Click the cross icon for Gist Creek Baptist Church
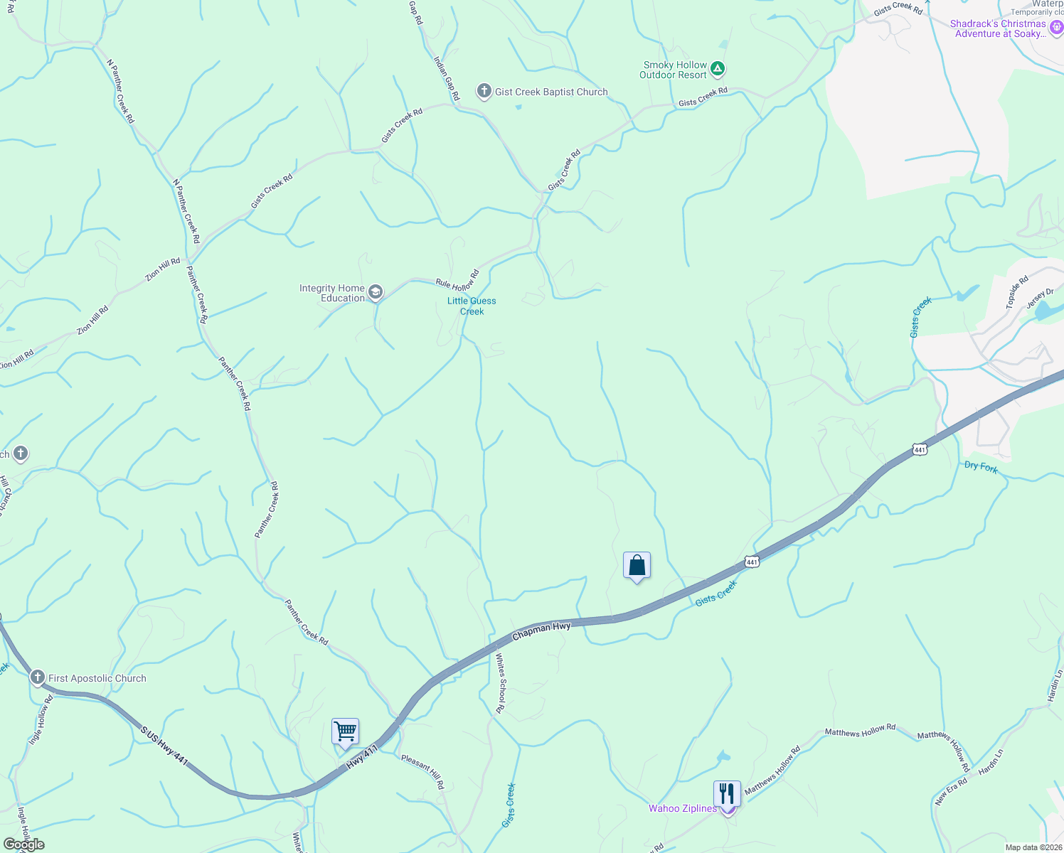tap(484, 91)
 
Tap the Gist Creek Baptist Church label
tap(551, 92)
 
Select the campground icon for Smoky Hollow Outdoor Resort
tap(718, 69)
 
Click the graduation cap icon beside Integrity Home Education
tap(375, 292)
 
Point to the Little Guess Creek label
tap(472, 306)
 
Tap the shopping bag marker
tap(637, 566)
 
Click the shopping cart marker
tap(345, 731)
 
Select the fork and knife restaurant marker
tap(727, 793)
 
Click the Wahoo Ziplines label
tap(683, 808)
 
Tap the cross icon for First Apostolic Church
tap(37, 677)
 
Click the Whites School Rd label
tap(501, 683)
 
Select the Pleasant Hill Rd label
tap(422, 772)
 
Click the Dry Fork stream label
tap(981, 467)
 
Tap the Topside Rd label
tap(1017, 292)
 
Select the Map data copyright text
tap(1033, 847)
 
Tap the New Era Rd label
tap(951, 792)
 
